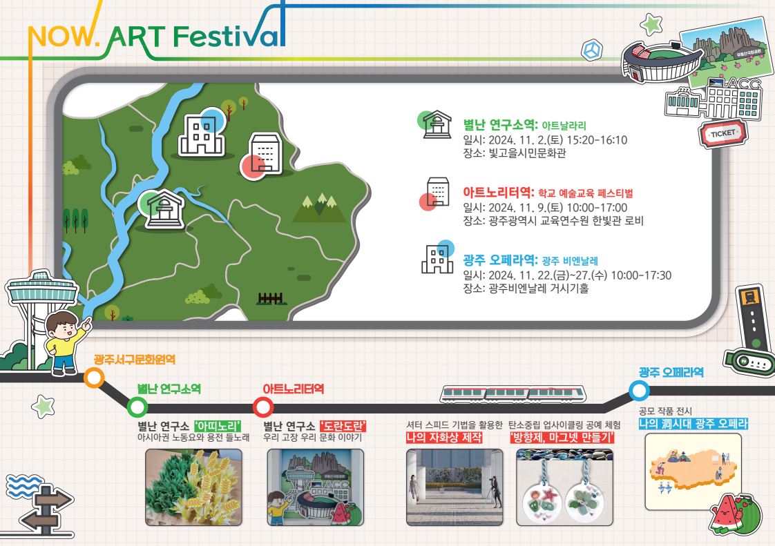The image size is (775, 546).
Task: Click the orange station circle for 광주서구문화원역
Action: point(93,378)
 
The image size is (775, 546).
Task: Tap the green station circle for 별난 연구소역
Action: point(137,408)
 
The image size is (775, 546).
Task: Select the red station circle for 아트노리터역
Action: point(263,408)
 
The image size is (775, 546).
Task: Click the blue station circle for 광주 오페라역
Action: point(639,391)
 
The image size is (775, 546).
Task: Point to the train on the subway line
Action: point(513,394)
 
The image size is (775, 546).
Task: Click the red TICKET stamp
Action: point(723,133)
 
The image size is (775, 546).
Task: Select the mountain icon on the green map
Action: point(320,208)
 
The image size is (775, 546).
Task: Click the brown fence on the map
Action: point(270,298)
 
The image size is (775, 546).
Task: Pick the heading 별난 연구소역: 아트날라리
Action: point(524,124)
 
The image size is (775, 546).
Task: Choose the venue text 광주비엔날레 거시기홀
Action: point(539,289)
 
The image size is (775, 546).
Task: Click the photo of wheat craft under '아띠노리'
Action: point(193,487)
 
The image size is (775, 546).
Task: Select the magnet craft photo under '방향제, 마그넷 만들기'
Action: point(564,487)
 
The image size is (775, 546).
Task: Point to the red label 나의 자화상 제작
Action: point(444,438)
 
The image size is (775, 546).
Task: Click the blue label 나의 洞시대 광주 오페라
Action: point(693,424)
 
